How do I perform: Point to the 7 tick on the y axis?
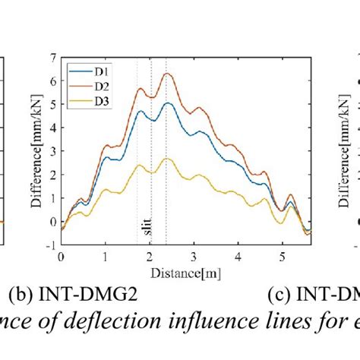(52, 57)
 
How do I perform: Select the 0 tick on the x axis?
(62, 255)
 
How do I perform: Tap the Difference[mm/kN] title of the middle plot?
(36, 151)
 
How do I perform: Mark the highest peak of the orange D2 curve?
(167, 74)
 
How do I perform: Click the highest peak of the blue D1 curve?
(168, 103)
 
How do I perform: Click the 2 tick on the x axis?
(150, 255)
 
